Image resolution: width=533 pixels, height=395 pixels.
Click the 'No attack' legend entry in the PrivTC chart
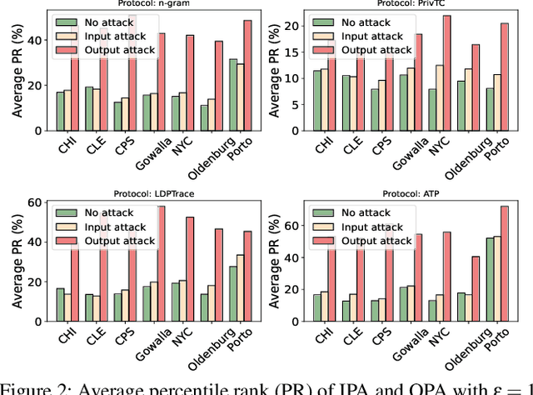pyautogui.click(x=366, y=22)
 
